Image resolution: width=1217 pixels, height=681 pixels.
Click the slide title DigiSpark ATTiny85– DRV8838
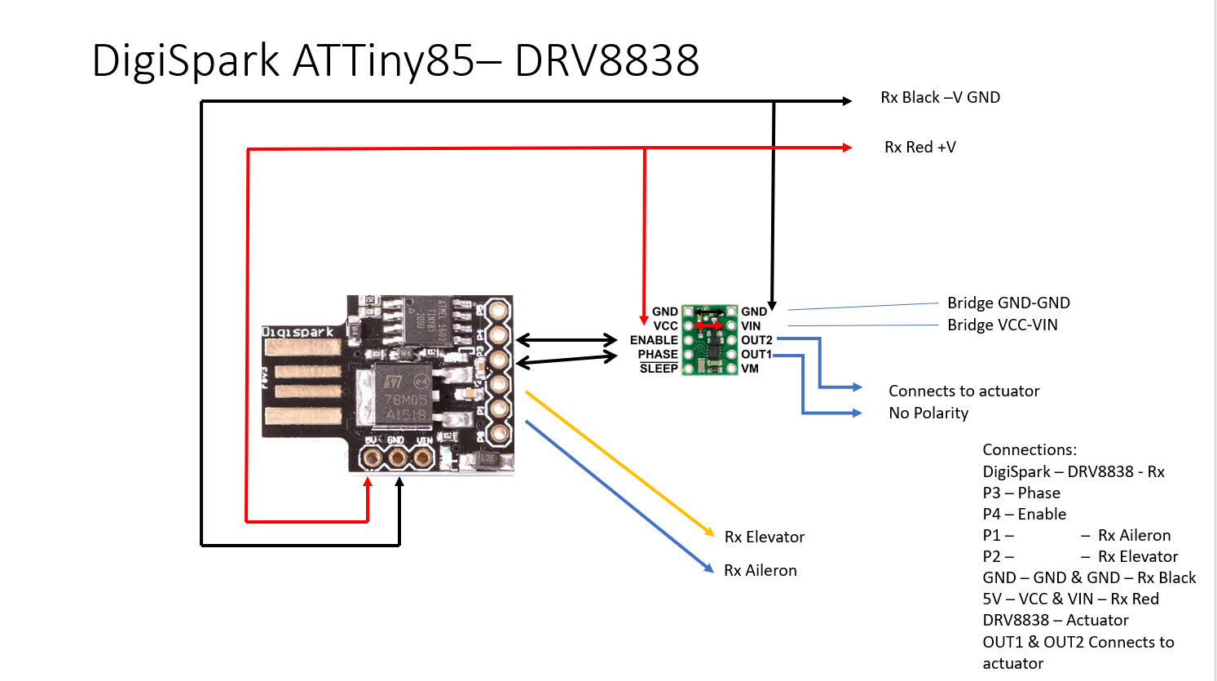(x=395, y=60)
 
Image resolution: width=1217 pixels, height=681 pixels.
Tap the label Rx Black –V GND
(x=940, y=97)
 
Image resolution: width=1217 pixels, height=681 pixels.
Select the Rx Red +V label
(x=919, y=147)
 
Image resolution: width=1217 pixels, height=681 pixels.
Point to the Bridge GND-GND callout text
(x=1008, y=303)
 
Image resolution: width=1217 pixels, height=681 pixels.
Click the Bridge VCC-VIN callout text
(x=1002, y=325)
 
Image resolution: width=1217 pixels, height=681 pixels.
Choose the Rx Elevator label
(x=764, y=537)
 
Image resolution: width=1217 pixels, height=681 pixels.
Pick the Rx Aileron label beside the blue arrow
(x=760, y=570)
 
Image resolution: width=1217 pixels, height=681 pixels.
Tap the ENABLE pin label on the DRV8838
(x=654, y=340)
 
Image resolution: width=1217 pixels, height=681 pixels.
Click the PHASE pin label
(x=658, y=354)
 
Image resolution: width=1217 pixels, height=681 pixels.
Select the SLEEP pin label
(x=659, y=369)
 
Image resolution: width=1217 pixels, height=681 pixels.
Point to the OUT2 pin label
(x=756, y=340)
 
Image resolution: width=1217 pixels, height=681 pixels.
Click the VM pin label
(x=750, y=369)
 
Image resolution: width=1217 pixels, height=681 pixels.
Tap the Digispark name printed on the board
(x=298, y=332)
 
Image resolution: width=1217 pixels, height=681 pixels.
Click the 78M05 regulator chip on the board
(x=405, y=399)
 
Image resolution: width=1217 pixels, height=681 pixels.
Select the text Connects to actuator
(x=963, y=391)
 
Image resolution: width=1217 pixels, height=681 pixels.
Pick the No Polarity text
(x=928, y=413)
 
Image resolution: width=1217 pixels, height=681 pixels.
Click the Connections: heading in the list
(x=1030, y=449)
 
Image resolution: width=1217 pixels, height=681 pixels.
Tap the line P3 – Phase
(x=1021, y=493)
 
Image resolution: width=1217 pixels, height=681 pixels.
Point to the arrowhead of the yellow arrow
(x=711, y=533)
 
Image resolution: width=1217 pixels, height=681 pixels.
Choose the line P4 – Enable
(x=1024, y=514)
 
